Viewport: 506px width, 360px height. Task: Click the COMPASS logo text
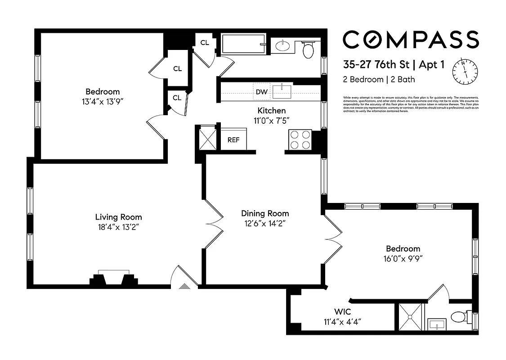click(x=411, y=40)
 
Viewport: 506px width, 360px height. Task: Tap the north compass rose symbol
click(x=465, y=72)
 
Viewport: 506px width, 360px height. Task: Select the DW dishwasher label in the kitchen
click(x=261, y=92)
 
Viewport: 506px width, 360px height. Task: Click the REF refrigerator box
click(x=233, y=139)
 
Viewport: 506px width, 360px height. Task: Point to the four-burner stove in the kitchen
click(x=300, y=139)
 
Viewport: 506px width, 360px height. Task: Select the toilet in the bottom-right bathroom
click(x=459, y=317)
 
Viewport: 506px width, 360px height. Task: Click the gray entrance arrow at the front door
click(x=184, y=285)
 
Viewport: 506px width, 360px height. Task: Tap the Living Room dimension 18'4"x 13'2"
click(x=118, y=227)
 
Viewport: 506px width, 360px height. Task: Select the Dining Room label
click(x=265, y=213)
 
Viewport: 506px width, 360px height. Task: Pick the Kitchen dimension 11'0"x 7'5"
click(x=271, y=120)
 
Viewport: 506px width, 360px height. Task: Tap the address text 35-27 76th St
click(x=376, y=65)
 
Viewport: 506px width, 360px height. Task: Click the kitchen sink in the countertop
click(x=282, y=91)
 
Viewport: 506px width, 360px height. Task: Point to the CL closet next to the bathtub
click(x=205, y=43)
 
